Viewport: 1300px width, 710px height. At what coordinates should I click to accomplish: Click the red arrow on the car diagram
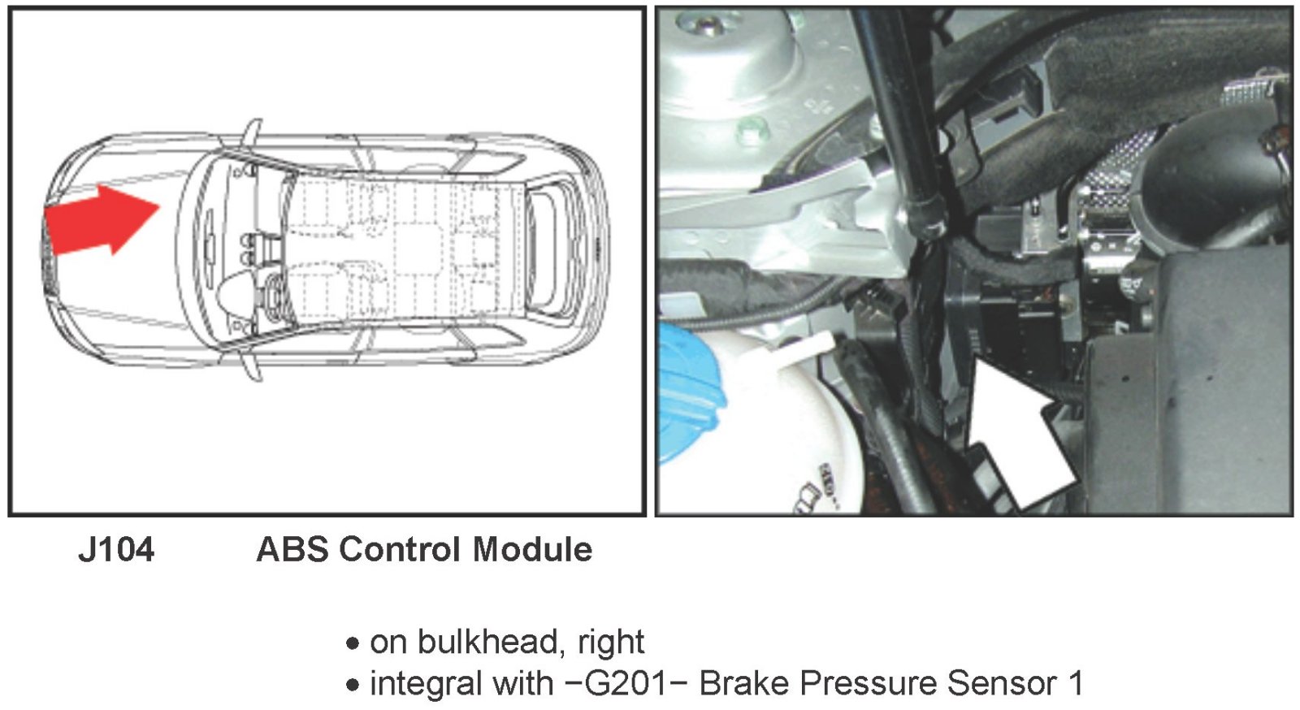click(x=102, y=220)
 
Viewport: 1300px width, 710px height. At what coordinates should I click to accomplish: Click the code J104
click(x=116, y=550)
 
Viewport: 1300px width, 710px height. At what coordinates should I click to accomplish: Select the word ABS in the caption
click(x=292, y=550)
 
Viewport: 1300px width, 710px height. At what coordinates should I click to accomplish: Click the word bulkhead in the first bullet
click(x=486, y=642)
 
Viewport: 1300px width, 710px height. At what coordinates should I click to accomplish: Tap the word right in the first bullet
click(x=610, y=642)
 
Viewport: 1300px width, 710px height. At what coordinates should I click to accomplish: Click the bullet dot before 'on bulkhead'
click(x=352, y=644)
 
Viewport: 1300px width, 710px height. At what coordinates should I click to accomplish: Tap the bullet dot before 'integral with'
click(x=352, y=685)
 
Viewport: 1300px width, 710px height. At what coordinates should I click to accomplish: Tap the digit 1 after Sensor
click(x=1076, y=683)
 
